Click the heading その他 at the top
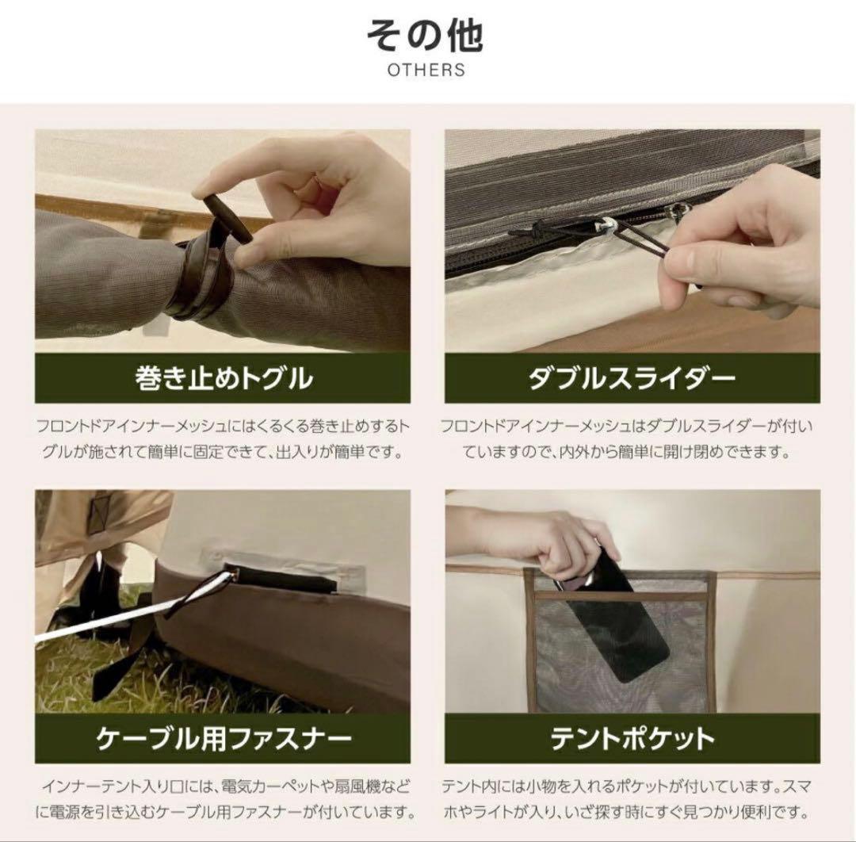click(x=425, y=36)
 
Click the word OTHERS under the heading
click(x=426, y=70)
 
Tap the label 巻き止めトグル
click(x=224, y=378)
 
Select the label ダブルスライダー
click(x=632, y=378)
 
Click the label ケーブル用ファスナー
click(x=224, y=738)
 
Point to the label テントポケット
click(x=632, y=738)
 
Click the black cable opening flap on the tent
click(x=281, y=579)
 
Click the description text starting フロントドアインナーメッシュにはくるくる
click(x=224, y=439)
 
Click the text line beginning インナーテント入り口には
click(x=225, y=787)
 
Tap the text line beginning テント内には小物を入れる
click(x=626, y=787)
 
